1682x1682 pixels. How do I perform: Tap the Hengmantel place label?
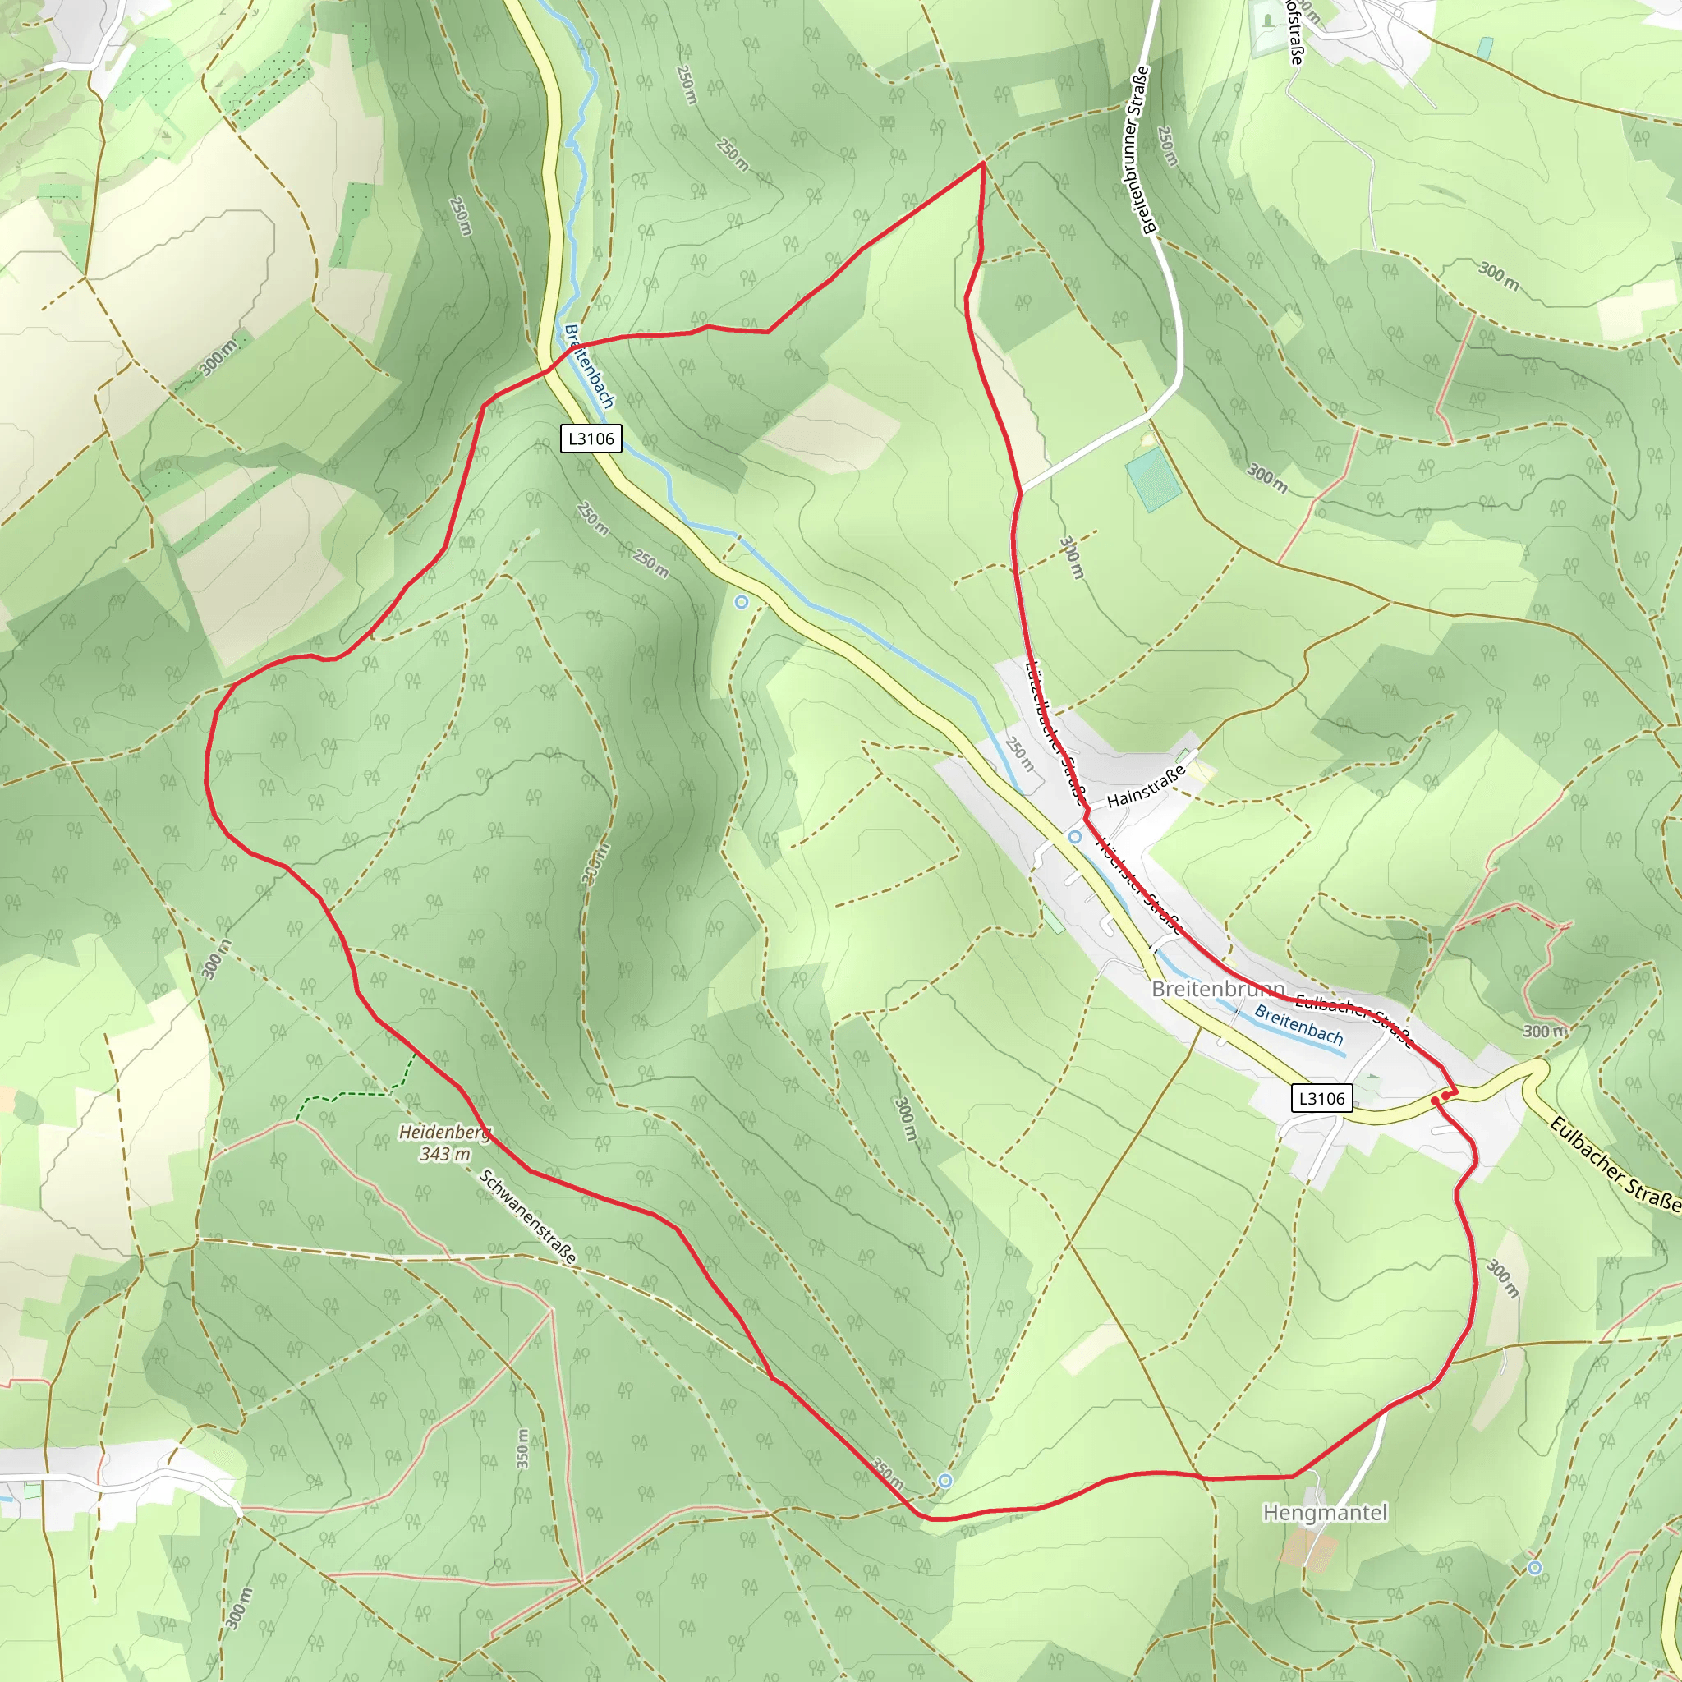1325,1513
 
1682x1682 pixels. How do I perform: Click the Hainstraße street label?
1147,786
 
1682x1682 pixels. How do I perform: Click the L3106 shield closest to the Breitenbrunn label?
1321,1099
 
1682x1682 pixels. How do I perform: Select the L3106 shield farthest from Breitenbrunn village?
591,439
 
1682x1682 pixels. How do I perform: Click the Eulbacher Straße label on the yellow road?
1614,1165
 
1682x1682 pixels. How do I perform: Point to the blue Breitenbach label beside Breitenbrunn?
1298,1025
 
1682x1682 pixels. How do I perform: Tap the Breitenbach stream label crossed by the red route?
590,366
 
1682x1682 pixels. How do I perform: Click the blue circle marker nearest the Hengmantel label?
1535,1568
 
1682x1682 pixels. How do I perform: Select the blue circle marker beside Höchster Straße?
1075,837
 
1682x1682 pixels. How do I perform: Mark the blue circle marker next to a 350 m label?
945,1481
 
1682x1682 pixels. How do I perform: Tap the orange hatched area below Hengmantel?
1308,1551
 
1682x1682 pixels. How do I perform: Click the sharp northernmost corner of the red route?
983,163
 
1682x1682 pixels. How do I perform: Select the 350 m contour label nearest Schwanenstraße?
522,1449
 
